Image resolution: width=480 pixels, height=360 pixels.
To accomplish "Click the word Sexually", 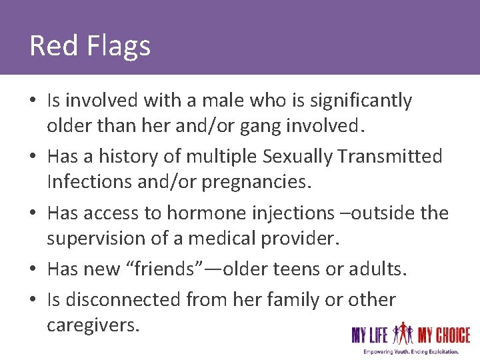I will point(298,157).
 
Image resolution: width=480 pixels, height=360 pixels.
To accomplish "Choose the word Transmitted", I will point(390,157).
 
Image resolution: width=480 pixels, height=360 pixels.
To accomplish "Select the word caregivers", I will point(93,325).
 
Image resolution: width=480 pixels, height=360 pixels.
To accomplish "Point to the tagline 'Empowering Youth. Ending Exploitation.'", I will point(411,351).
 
